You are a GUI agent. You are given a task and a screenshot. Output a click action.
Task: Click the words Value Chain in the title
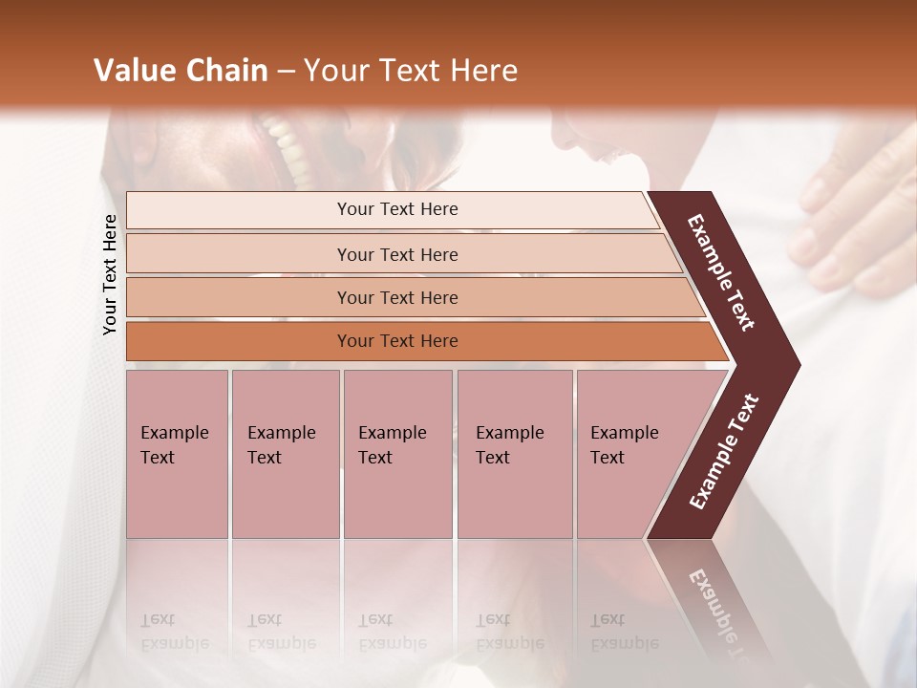click(x=181, y=71)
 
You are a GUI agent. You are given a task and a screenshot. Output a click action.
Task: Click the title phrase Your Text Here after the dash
click(x=411, y=71)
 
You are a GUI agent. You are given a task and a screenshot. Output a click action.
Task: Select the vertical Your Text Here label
click(x=110, y=274)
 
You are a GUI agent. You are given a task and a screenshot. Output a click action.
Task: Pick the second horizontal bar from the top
click(x=396, y=254)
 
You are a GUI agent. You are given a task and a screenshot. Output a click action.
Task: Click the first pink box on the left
click(x=177, y=454)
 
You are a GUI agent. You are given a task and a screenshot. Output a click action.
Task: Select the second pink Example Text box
click(x=285, y=454)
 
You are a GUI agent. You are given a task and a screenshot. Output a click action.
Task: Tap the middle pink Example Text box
click(x=397, y=454)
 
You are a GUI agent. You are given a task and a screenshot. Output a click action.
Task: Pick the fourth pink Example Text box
click(x=514, y=454)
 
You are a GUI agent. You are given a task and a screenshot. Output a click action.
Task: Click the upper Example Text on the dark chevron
click(x=722, y=272)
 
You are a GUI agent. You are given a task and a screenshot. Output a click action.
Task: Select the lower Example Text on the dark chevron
click(x=724, y=451)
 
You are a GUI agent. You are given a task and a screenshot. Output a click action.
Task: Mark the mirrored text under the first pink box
click(x=174, y=632)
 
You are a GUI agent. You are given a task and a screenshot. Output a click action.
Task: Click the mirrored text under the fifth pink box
click(x=624, y=632)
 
